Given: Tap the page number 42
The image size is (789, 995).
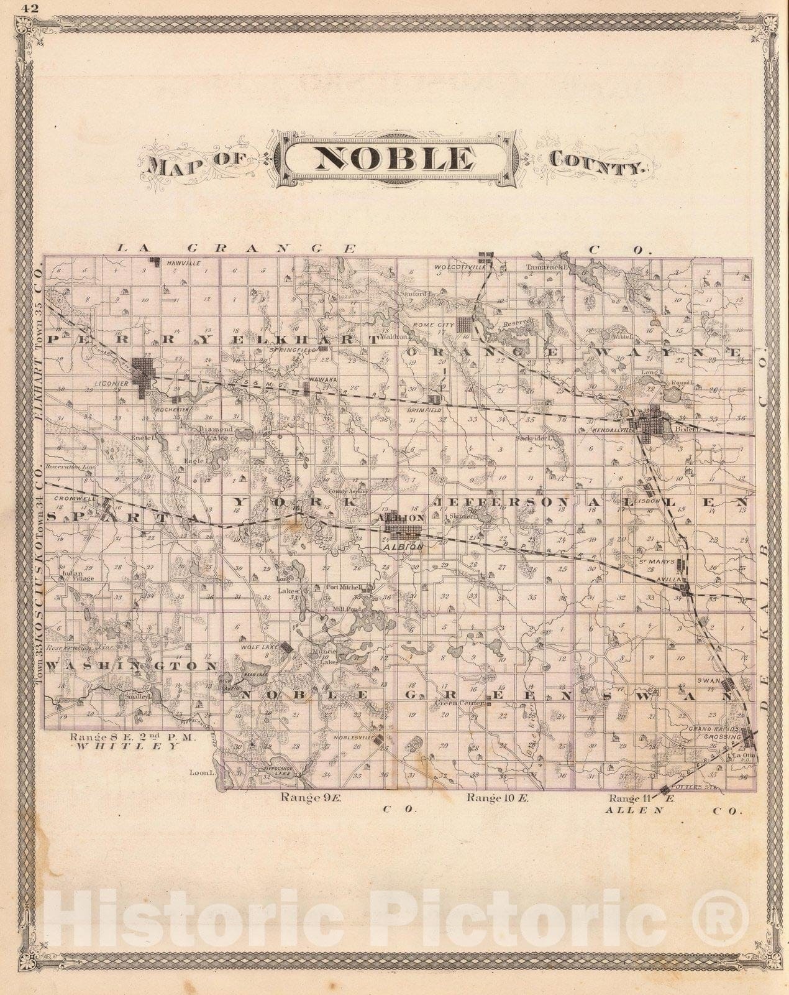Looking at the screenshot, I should click(x=29, y=8).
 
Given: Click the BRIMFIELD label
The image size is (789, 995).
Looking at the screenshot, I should click(x=437, y=411).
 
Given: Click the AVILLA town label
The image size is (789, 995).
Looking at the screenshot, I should click(x=671, y=579).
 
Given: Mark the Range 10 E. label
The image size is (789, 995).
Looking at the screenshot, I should click(x=497, y=798).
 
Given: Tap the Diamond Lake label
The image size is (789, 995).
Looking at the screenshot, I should click(x=215, y=433).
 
